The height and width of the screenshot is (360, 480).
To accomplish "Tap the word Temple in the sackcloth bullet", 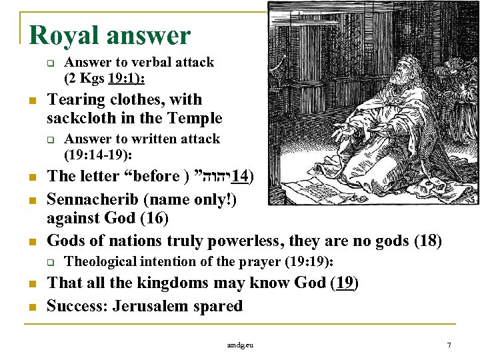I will (196, 119).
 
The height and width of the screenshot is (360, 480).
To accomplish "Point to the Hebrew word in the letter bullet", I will (207, 177).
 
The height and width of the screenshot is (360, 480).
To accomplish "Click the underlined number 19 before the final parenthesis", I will (343, 283).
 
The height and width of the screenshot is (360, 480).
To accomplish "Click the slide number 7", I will (449, 345).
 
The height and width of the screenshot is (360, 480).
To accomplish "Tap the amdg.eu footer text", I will (240, 345).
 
